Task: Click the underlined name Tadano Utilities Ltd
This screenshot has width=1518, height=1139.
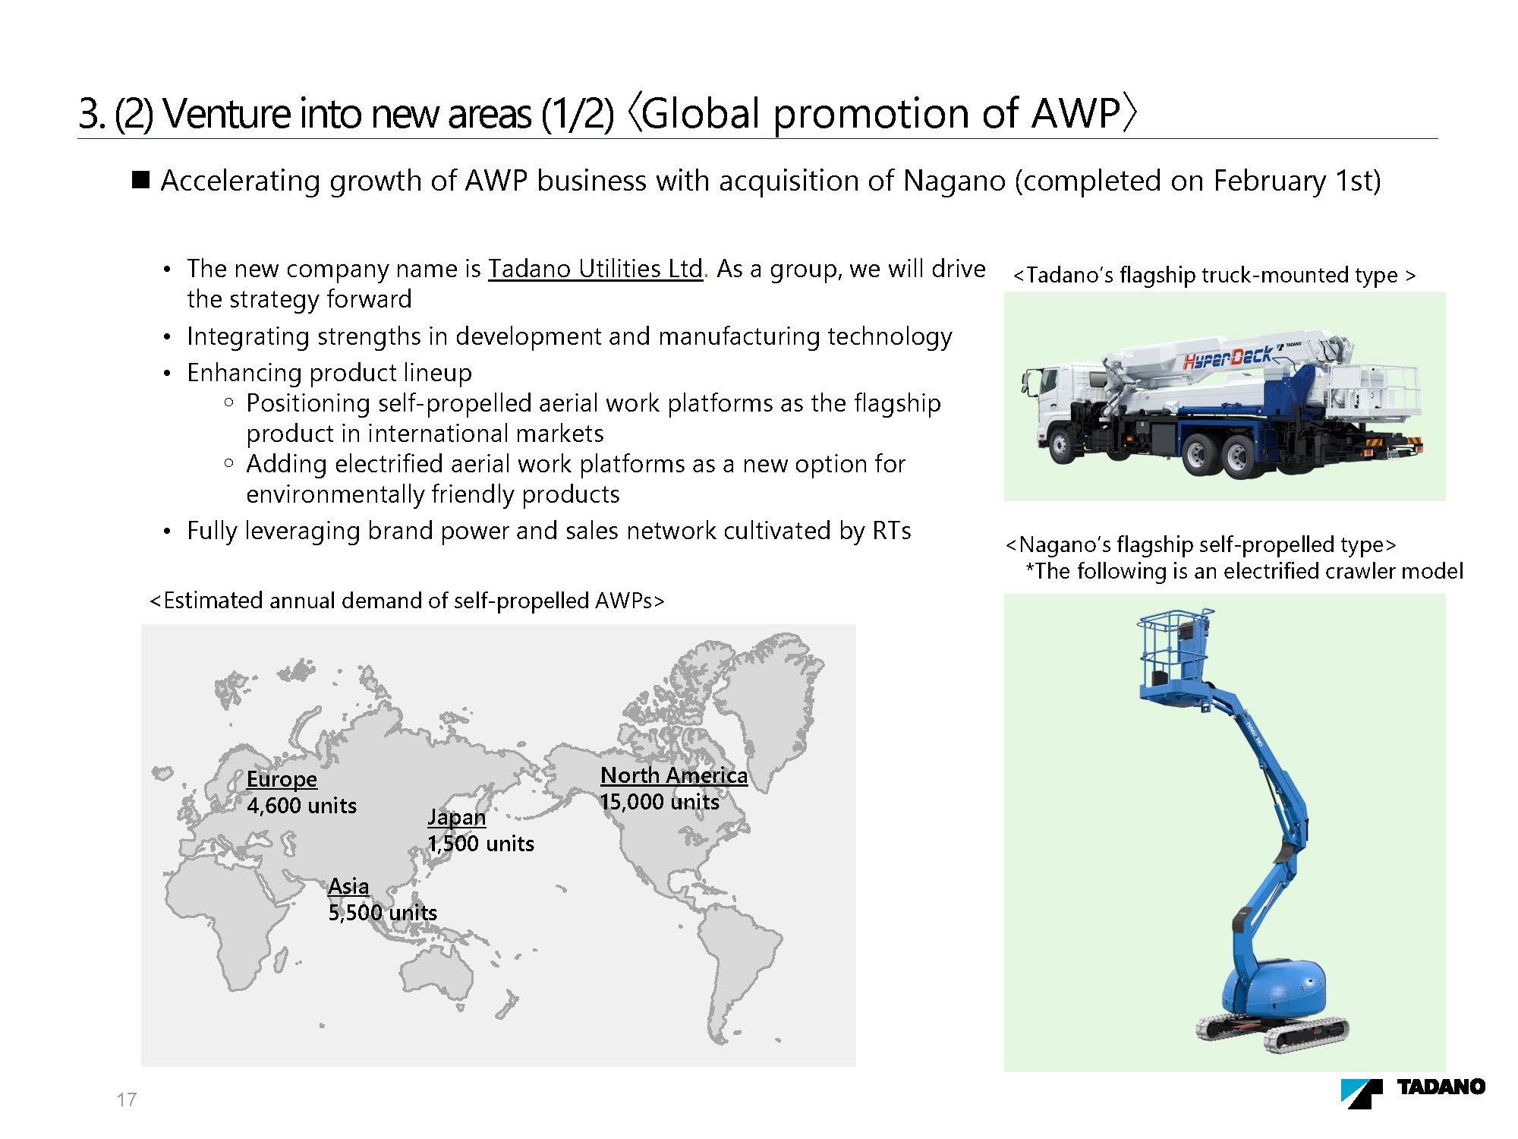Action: pos(595,269)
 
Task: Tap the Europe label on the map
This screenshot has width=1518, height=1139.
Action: pos(282,780)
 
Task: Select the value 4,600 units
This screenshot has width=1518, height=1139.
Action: pos(301,806)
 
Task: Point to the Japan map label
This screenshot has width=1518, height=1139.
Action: pos(456,817)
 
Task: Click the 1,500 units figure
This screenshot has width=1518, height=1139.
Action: pos(480,844)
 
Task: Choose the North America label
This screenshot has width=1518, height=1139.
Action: pos(674,775)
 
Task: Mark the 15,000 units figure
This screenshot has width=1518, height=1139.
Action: pos(660,802)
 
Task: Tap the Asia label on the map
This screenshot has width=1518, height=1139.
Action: pos(348,886)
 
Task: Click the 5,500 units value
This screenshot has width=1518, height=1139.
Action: pos(383,913)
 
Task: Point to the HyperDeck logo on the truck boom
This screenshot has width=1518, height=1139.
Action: pos(1227,357)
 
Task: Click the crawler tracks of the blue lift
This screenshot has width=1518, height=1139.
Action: pos(1272,1031)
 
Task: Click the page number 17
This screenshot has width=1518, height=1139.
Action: pos(127,1100)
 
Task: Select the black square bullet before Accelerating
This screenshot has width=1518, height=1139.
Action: pos(141,180)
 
